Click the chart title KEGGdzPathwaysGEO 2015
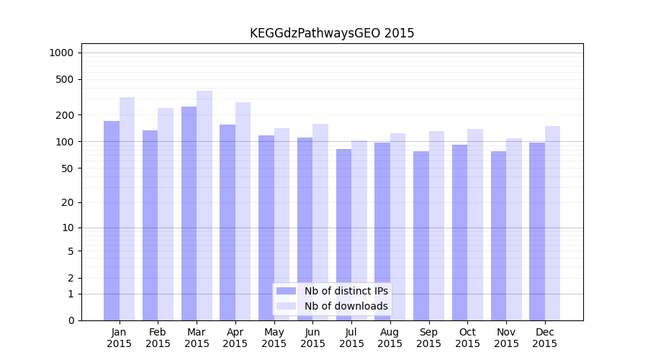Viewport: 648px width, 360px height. point(332,33)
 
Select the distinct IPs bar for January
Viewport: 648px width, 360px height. point(112,220)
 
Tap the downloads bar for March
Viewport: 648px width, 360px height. point(204,205)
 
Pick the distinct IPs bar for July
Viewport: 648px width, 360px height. point(344,235)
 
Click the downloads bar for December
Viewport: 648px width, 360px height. point(552,223)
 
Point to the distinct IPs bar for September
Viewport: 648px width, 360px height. point(421,235)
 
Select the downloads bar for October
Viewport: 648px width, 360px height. point(475,225)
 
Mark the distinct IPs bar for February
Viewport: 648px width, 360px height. point(150,225)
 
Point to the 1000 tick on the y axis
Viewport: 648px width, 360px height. point(61,53)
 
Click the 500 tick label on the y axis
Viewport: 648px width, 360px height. point(65,79)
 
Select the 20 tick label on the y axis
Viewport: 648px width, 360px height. point(67,202)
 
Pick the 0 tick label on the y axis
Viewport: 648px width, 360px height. point(70,320)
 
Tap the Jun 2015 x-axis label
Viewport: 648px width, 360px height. point(312,338)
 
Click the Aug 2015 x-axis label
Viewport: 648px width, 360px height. point(390,338)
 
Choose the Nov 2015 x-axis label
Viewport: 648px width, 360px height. point(506,338)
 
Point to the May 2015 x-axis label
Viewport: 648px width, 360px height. point(274,338)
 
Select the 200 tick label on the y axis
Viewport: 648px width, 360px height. point(65,115)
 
